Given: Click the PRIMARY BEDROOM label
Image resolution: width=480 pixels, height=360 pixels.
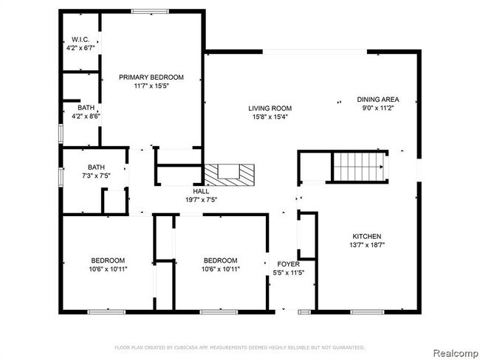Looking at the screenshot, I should click(x=151, y=77).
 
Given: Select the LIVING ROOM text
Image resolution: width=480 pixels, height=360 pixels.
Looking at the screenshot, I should click(x=267, y=108).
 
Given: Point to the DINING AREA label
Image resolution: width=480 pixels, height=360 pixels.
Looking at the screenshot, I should click(x=378, y=99).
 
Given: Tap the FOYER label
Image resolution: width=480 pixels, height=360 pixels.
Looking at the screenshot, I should click(x=287, y=263).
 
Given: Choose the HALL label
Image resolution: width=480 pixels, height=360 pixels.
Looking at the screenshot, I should click(x=201, y=191).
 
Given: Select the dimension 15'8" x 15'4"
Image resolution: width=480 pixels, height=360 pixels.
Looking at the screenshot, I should click(x=267, y=117).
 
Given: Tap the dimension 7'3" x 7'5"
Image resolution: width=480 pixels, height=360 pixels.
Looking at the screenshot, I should click(x=96, y=176).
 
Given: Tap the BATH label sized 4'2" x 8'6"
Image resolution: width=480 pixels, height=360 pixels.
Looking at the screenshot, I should click(x=75, y=107).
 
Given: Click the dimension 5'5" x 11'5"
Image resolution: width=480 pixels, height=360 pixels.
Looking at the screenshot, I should click(x=287, y=272).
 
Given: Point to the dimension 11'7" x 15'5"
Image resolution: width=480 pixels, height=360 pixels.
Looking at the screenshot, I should click(x=151, y=86).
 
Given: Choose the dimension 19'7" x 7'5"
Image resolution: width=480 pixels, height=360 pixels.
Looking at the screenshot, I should click(x=201, y=199).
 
